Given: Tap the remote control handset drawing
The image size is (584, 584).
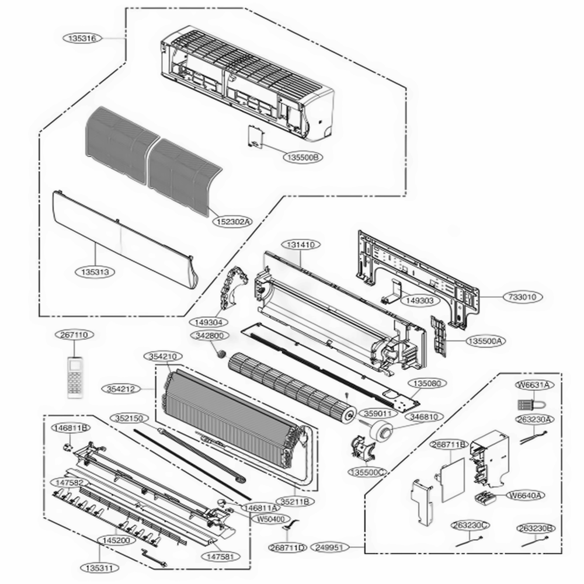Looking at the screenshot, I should coord(75,377).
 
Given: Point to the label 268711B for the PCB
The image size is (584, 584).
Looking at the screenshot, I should coord(449,444).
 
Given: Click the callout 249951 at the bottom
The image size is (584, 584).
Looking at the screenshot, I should coord(331,547).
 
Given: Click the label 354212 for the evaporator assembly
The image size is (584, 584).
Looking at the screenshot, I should coord(123,388).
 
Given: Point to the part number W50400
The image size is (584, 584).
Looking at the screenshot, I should coord(270,519).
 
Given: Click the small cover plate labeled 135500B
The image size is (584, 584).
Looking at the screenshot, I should coord(255,137).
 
